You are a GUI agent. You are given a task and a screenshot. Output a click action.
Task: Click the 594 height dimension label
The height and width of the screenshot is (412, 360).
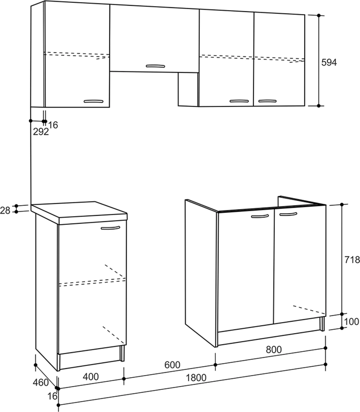click(x=329, y=62)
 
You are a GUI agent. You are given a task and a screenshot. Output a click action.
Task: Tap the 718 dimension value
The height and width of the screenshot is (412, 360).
click(x=352, y=260)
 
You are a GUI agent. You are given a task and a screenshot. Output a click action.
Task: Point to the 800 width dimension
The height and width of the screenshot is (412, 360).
click(x=274, y=350)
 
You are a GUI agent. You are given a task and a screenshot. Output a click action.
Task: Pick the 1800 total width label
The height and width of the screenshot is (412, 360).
click(x=196, y=378)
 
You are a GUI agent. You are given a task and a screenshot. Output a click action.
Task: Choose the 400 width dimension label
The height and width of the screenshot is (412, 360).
click(x=91, y=377)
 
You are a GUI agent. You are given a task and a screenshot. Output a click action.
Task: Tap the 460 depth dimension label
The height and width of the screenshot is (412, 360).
click(x=41, y=382)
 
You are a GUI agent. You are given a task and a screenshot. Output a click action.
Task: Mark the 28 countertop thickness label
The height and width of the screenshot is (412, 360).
click(x=5, y=210)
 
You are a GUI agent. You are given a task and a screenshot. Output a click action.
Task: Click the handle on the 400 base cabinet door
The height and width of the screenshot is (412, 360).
click(x=110, y=228)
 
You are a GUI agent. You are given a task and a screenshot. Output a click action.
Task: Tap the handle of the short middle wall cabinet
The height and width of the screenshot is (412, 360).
click(x=155, y=66)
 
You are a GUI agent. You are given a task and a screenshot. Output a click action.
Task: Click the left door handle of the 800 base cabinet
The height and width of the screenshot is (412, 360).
click(x=260, y=216)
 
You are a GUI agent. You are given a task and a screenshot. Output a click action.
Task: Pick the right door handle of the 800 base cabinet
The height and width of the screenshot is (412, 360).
click(x=288, y=214)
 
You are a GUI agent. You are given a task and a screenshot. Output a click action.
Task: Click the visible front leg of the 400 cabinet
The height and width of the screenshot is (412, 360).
click(x=122, y=353)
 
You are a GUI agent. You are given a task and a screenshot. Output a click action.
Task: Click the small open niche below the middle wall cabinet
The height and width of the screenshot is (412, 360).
click(x=188, y=89)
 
